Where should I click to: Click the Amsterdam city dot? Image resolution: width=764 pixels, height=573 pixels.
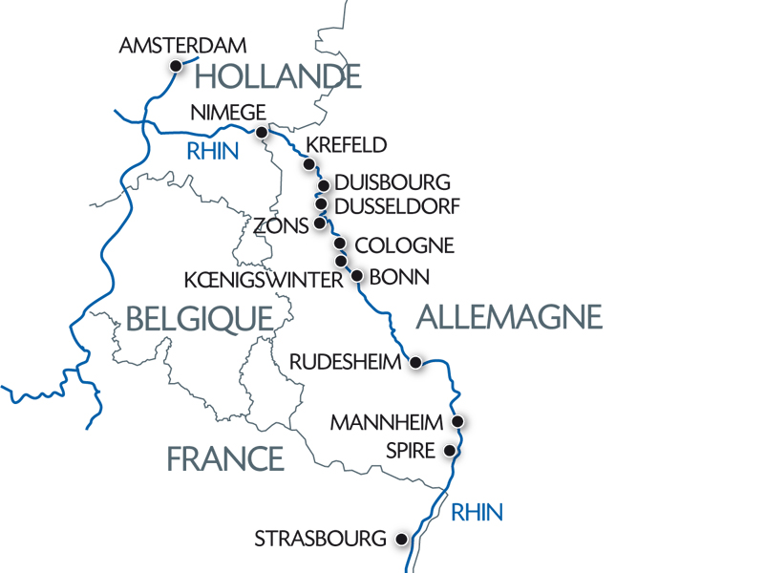click(176, 65)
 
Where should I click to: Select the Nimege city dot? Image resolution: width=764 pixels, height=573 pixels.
click(262, 134)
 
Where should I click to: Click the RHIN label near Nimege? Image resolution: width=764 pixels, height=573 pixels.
click(212, 151)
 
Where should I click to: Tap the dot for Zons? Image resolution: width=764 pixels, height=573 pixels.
click(319, 224)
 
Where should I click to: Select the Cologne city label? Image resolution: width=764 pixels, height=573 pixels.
click(403, 245)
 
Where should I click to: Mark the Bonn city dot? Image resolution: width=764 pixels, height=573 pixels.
click(357, 277)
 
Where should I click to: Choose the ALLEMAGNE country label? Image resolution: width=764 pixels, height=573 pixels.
click(509, 316)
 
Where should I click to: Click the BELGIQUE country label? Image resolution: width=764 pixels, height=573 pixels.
click(200, 318)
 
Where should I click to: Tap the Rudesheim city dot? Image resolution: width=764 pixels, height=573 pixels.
click(415, 362)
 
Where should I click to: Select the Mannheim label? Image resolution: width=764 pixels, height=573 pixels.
click(387, 421)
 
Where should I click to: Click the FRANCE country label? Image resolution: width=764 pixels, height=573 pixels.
click(225, 458)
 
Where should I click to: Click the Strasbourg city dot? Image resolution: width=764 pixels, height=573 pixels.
click(402, 539)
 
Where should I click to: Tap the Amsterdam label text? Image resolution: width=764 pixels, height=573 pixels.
click(183, 45)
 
